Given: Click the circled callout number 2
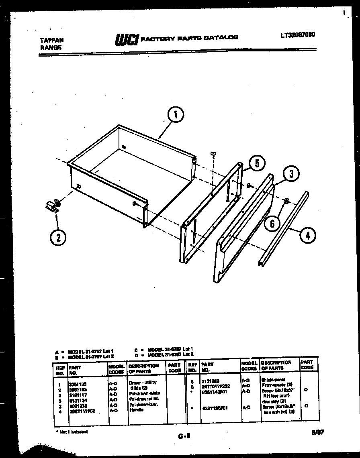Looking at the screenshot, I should click(x=59, y=237).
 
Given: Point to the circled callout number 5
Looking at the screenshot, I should click(x=256, y=163).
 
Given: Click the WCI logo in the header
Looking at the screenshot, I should click(x=127, y=39).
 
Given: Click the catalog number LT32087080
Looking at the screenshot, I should click(x=297, y=35).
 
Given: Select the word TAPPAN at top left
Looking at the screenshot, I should click(x=52, y=40).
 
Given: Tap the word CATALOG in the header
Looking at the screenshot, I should click(x=221, y=37).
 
